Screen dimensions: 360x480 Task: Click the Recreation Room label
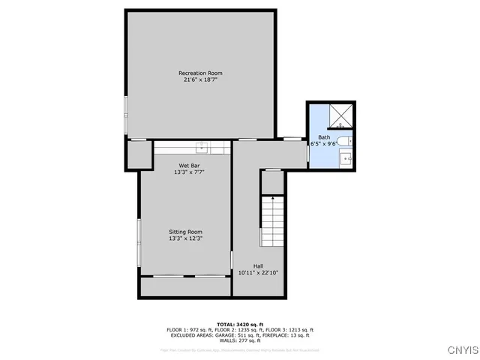pyautogui.click(x=200, y=73)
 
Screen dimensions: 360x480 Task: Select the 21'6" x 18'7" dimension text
pyautogui.click(x=200, y=79)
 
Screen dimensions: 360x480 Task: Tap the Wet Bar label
pyautogui.click(x=188, y=165)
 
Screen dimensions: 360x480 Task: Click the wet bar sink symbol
pyautogui.click(x=202, y=146)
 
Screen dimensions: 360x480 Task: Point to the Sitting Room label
pyautogui.click(x=185, y=232)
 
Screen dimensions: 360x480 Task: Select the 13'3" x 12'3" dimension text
pyautogui.click(x=185, y=238)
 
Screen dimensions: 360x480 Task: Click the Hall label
pyautogui.click(x=258, y=266)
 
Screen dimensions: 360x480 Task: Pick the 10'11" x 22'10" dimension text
pyautogui.click(x=258, y=273)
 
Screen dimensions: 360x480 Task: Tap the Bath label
pyautogui.click(x=323, y=137)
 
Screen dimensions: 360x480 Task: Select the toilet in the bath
pyautogui.click(x=344, y=141)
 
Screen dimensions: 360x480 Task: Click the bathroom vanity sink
pyautogui.click(x=346, y=158)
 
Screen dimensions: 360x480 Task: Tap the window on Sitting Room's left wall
pyautogui.click(x=139, y=242)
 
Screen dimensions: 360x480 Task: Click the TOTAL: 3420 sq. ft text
pyautogui.click(x=240, y=324)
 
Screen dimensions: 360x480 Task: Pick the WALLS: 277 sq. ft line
pyautogui.click(x=240, y=340)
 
